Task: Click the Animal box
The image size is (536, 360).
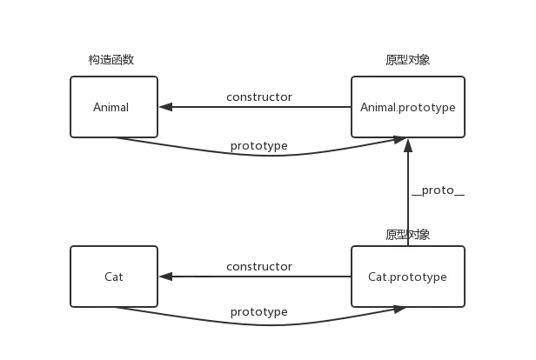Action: point(114,107)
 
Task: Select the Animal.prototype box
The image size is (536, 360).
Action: point(407,107)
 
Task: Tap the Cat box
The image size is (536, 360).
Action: point(114,277)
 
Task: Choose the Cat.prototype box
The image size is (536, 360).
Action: point(407,277)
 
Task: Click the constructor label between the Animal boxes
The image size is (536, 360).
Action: point(258,97)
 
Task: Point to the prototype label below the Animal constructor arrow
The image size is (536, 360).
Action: point(259,145)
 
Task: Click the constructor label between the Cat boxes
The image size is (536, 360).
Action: point(258,266)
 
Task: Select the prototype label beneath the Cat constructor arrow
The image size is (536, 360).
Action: point(259,311)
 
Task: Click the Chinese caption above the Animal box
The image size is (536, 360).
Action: point(115,63)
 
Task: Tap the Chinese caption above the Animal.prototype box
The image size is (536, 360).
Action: point(407,63)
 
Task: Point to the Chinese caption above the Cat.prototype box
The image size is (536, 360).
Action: point(407,235)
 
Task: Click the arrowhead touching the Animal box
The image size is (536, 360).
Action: point(165,108)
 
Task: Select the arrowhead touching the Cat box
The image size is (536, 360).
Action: point(165,277)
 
